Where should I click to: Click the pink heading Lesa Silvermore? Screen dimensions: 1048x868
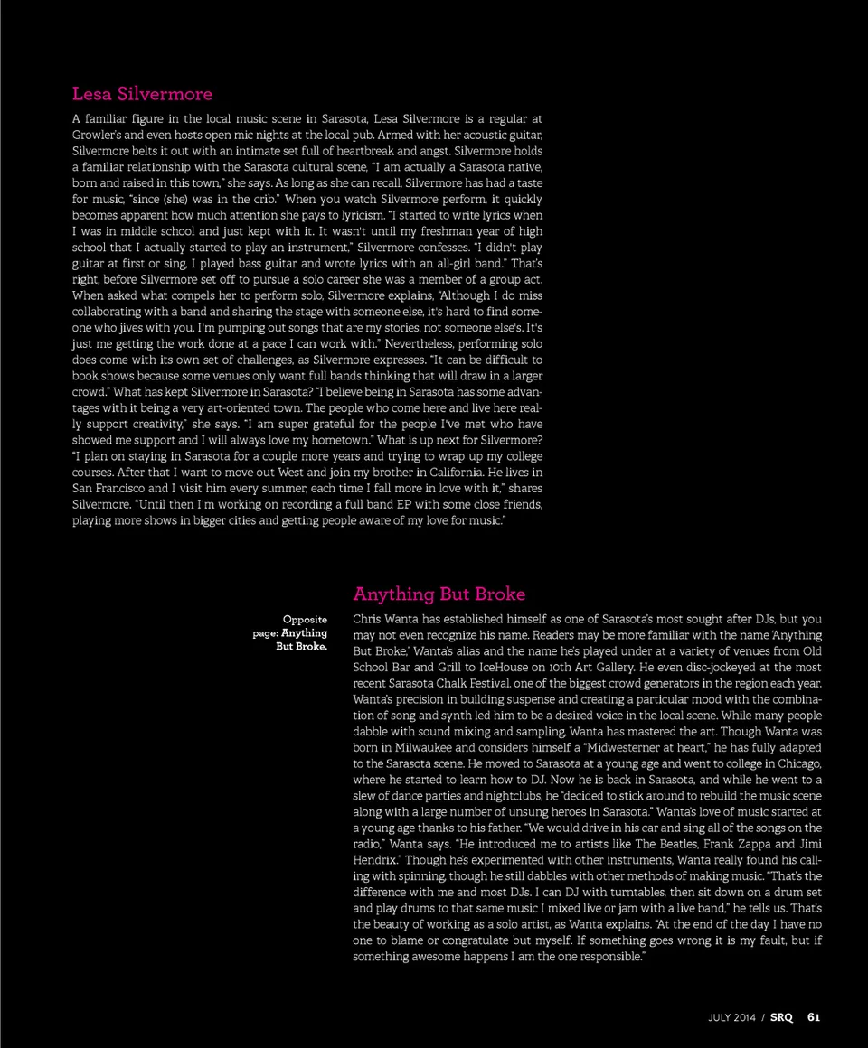(x=142, y=94)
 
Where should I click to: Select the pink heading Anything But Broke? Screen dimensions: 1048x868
(x=439, y=594)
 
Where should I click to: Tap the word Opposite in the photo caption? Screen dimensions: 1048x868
(x=305, y=620)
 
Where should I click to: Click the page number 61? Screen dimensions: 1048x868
(x=814, y=1017)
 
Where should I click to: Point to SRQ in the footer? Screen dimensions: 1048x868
(x=781, y=1017)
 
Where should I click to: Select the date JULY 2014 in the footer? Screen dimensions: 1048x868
(x=732, y=1017)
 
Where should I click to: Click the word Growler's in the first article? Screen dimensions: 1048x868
(x=96, y=135)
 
